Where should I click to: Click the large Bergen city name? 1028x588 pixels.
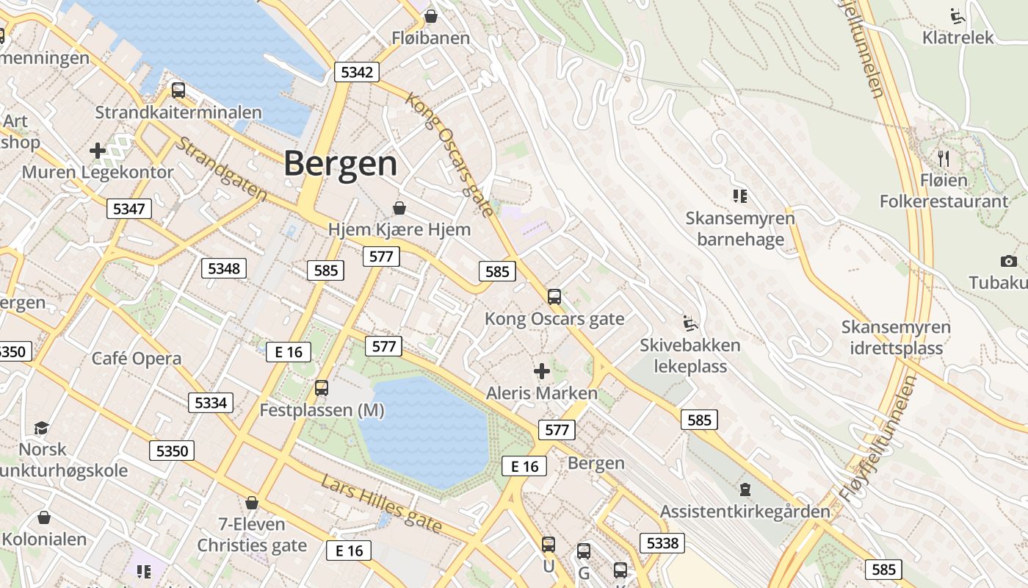pos(341,163)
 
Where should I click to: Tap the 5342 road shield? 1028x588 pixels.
pos(357,71)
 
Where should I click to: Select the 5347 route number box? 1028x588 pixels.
pos(129,209)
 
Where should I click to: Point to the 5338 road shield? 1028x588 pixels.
pos(662,543)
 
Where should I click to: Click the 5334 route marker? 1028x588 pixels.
pos(211,402)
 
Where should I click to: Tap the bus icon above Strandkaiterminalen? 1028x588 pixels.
pos(178,90)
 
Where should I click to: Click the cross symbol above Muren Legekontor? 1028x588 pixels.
pos(98,151)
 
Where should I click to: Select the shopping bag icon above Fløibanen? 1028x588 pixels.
pos(431,15)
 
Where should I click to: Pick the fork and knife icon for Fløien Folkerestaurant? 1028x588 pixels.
pos(944,157)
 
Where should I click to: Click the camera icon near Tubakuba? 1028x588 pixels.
pos(1008,261)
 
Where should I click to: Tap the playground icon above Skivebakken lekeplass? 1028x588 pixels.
pos(689,323)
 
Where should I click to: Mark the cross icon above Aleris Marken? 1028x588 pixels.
pos(542,370)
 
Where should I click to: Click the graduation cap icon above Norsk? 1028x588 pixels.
pos(42,427)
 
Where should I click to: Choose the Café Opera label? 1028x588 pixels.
pos(137,359)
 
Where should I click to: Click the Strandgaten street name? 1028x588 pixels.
pos(221,169)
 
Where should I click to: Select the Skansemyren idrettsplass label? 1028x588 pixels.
pos(896,337)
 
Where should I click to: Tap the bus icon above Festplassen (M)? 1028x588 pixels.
pos(322,387)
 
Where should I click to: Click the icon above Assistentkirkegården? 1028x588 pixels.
pos(745,489)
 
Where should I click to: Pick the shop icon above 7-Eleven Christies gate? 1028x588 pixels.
pos(252,503)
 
